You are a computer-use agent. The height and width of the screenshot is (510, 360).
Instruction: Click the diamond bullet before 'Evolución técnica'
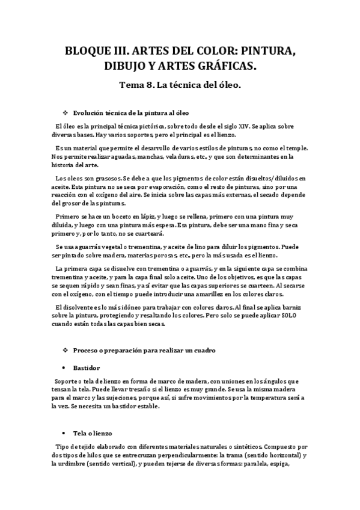[x=66, y=112]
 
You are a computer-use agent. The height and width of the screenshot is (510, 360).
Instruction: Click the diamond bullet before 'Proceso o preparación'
[x=66, y=350]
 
